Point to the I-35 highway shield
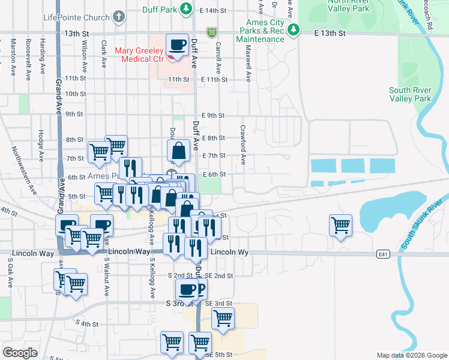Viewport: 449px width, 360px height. coord(211,31)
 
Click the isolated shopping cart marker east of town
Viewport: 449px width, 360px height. coord(340,226)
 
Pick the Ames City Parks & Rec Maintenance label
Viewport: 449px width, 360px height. coord(260,31)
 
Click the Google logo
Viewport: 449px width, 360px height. coord(20,352)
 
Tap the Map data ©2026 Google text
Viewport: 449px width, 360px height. coord(411,355)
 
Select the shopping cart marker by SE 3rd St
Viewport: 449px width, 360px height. coord(223,319)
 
